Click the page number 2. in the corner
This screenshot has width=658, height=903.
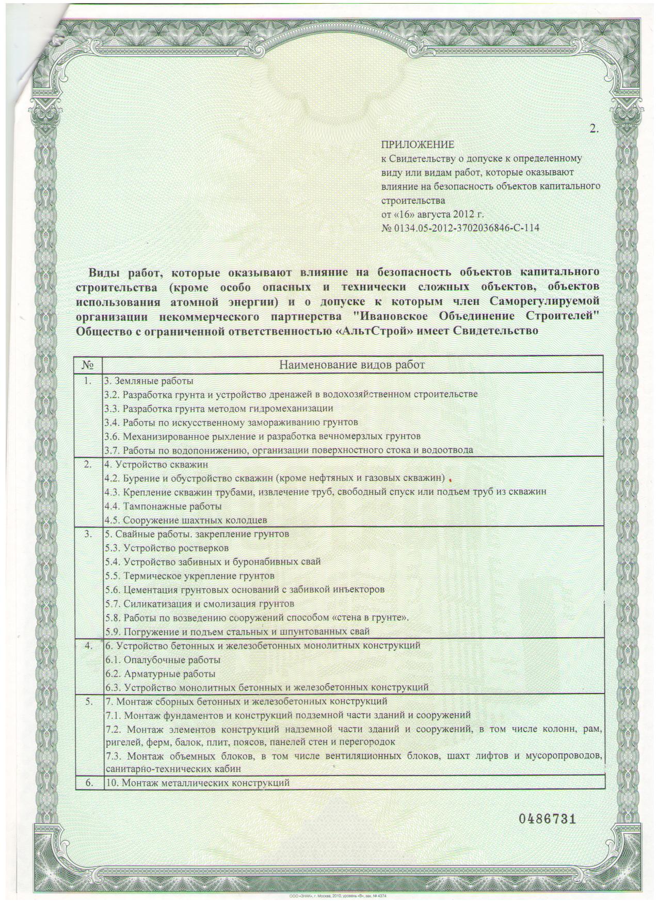[x=594, y=130]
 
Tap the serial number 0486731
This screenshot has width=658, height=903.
[x=546, y=819]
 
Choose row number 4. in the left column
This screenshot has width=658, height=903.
[x=89, y=646]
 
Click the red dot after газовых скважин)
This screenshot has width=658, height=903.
[x=451, y=478]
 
